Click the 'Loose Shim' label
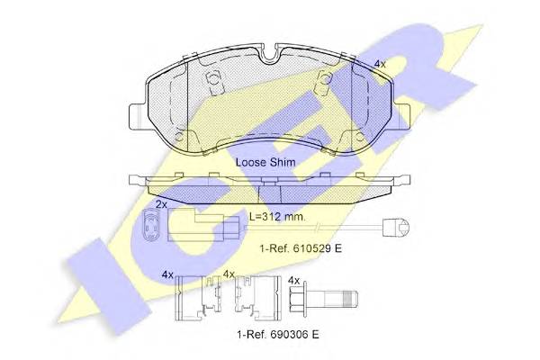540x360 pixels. [x=265, y=162]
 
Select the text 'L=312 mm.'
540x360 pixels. [x=277, y=217]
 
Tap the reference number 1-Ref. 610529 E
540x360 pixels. [x=301, y=248]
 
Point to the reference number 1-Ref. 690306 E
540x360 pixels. [x=278, y=334]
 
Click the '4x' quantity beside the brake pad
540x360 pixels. [x=380, y=64]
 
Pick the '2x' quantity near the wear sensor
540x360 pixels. [x=161, y=204]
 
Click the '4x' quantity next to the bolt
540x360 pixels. [x=293, y=281]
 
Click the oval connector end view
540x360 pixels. [x=149, y=225]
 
